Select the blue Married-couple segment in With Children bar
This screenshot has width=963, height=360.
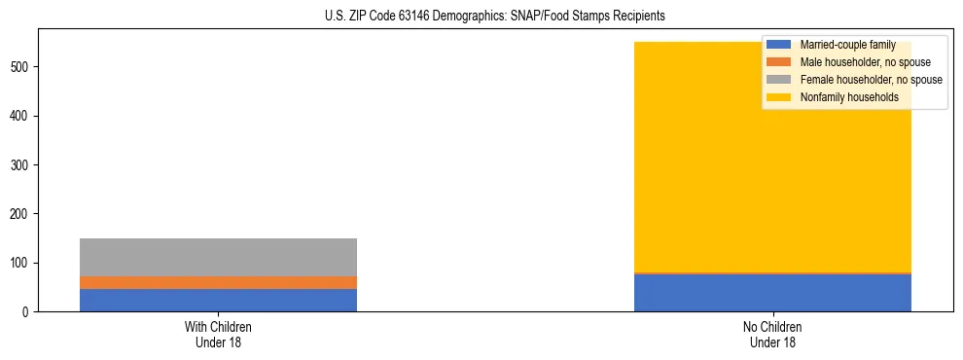pos(218,300)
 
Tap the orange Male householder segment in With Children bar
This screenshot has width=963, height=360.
pos(218,282)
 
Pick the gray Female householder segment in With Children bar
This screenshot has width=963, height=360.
pos(218,257)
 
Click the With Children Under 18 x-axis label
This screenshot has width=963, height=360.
pos(218,334)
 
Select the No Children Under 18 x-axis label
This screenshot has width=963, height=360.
pos(772,334)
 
